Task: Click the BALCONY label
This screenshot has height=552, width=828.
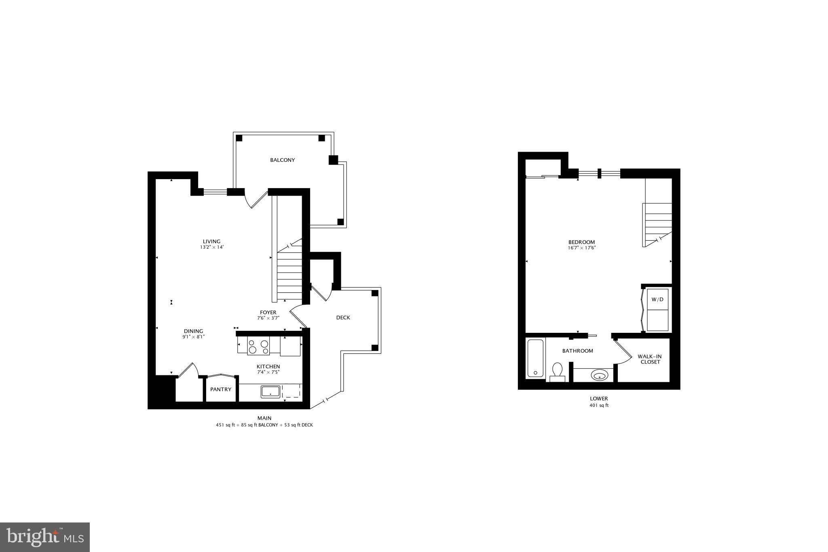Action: pyautogui.click(x=282, y=160)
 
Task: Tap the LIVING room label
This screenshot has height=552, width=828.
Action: pyautogui.click(x=211, y=241)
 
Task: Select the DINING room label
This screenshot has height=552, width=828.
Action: pyautogui.click(x=193, y=331)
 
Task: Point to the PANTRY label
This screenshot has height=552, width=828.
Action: pyautogui.click(x=221, y=389)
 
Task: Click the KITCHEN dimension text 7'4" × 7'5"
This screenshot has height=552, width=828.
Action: pyautogui.click(x=268, y=372)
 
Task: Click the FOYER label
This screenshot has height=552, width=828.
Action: pyautogui.click(x=268, y=313)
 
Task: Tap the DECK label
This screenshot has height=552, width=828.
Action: pyautogui.click(x=343, y=317)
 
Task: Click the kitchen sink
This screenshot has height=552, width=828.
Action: pyautogui.click(x=270, y=391)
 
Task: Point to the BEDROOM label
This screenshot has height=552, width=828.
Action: pyautogui.click(x=581, y=242)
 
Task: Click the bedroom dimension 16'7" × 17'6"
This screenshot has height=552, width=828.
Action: pyautogui.click(x=582, y=248)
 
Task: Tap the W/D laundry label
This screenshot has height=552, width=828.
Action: pyautogui.click(x=657, y=300)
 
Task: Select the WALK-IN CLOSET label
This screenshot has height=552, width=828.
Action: pyautogui.click(x=650, y=359)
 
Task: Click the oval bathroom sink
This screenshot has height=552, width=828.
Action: pyautogui.click(x=599, y=375)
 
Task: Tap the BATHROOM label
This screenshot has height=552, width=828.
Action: pyautogui.click(x=578, y=351)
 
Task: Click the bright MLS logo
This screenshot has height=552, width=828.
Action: pyautogui.click(x=45, y=537)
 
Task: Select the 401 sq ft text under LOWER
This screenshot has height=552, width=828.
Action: pyautogui.click(x=599, y=405)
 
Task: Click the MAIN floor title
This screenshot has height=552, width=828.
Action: pyautogui.click(x=264, y=418)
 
